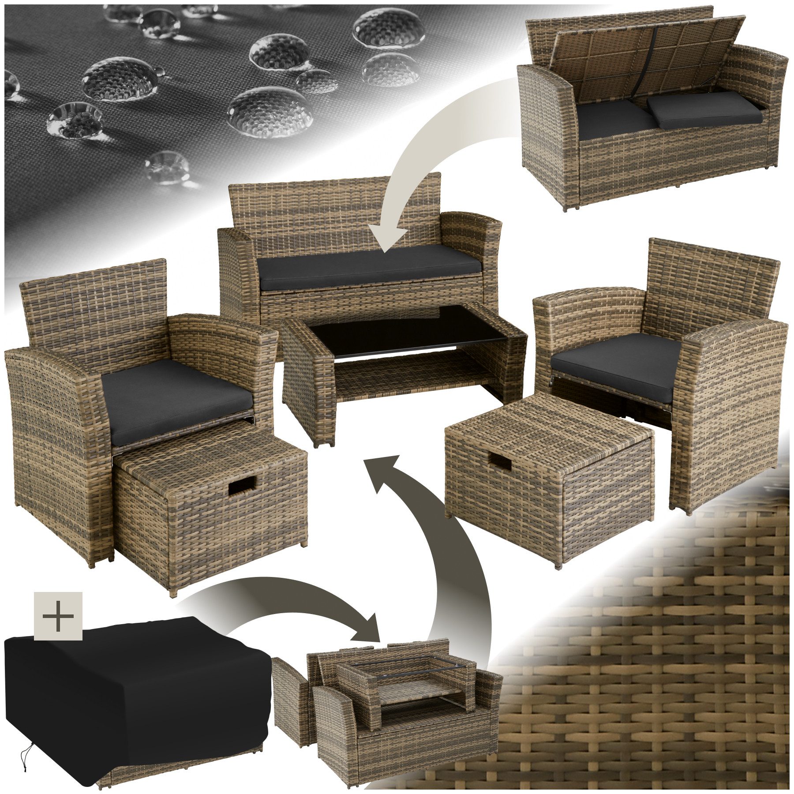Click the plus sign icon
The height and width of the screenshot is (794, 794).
(58, 616)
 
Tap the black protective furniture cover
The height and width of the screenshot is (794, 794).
(132, 688)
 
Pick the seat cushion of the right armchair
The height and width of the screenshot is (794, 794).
(618, 362)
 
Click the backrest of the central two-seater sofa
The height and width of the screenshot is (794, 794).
(335, 207)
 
